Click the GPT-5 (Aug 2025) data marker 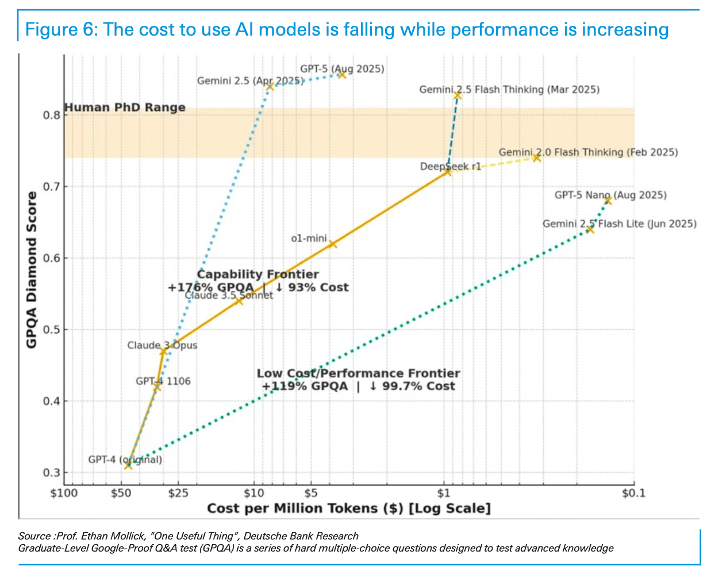341,74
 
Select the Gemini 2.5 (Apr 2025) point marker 270,86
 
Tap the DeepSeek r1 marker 448,172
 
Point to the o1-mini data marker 332,244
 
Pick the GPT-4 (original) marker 128,465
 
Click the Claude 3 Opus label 162,345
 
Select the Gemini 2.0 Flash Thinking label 588,152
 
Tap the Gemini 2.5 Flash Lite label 619,224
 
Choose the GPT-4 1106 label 163,381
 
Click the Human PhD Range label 125,107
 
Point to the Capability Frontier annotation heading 257,274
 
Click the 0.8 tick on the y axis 51,115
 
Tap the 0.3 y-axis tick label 51,473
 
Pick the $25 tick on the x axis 177,493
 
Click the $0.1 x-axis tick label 633,493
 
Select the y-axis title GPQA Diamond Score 32,269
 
